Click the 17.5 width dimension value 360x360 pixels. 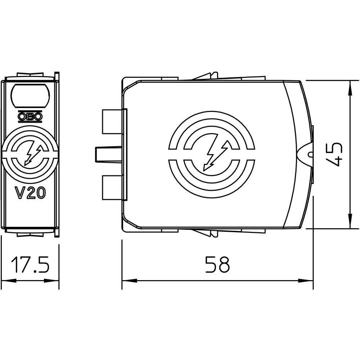pyautogui.click(x=30, y=265)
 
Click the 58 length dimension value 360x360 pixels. pyautogui.click(x=217, y=265)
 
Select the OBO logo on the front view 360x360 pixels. pyautogui.click(x=30, y=116)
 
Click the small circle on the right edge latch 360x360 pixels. pyautogui.click(x=310, y=154)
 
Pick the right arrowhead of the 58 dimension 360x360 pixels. pyautogui.click(x=306, y=280)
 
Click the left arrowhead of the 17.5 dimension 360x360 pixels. pyautogui.click(x=9, y=280)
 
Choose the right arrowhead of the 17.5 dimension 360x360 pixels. pyautogui.click(x=51, y=280)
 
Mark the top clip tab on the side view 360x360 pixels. pyautogui.click(x=206, y=76)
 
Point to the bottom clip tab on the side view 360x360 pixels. pyautogui.click(x=206, y=233)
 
